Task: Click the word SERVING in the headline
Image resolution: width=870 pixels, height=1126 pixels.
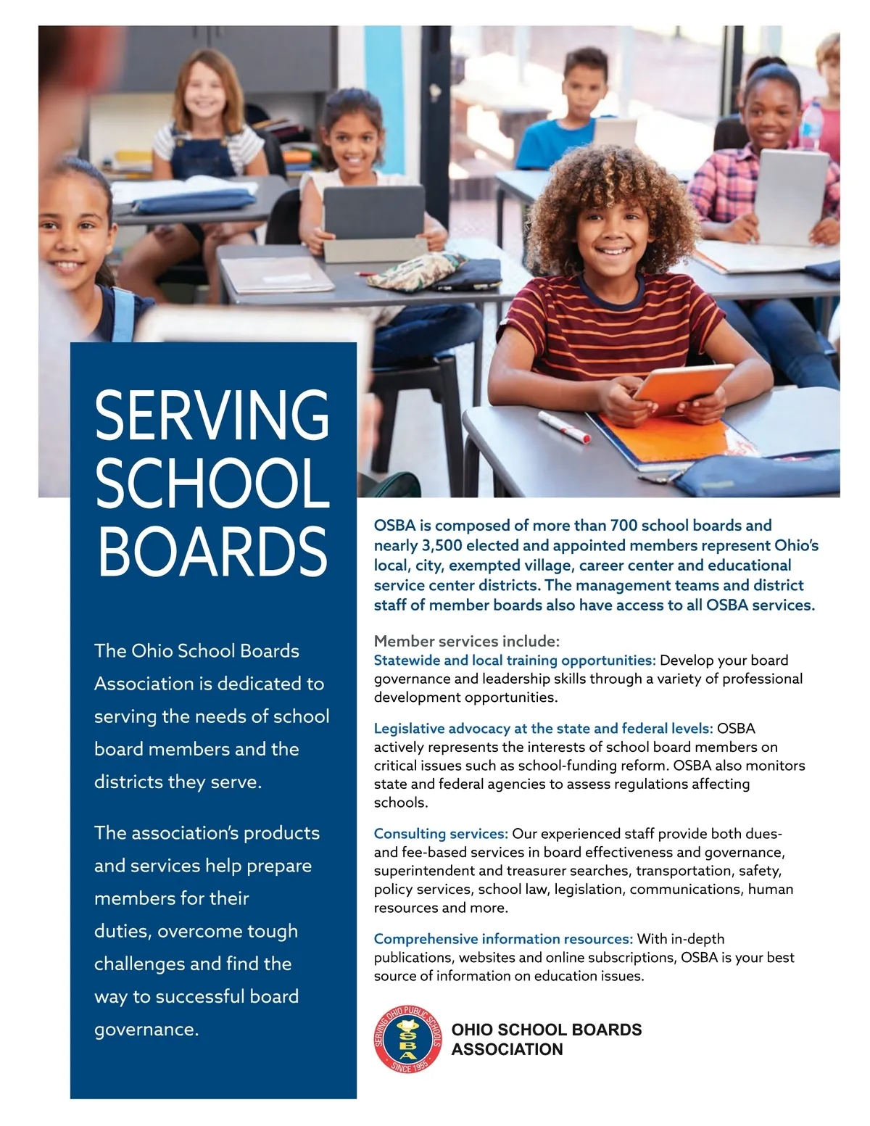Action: (212, 415)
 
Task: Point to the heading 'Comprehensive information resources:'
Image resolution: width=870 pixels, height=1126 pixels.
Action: (503, 939)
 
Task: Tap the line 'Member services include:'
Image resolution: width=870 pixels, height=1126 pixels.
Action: (467, 641)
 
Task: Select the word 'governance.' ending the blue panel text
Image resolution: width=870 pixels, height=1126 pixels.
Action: (146, 1030)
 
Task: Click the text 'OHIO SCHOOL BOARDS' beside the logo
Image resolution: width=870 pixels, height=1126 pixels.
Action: (547, 1030)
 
